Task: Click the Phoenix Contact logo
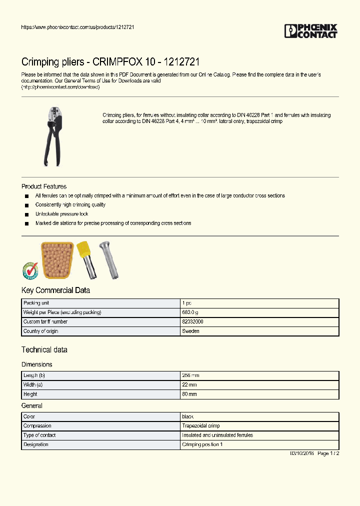(310, 31)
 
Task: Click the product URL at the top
(77, 26)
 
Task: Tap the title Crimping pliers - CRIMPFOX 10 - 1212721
(110, 62)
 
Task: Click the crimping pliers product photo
(52, 136)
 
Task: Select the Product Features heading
(44, 186)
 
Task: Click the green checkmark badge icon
(30, 270)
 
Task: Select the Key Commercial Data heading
(55, 290)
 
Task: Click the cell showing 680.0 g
(190, 312)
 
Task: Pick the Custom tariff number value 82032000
(192, 322)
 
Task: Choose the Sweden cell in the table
(190, 331)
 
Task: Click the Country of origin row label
(41, 331)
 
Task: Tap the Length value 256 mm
(190, 375)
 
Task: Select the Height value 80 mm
(189, 394)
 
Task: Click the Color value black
(188, 416)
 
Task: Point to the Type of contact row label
(42, 435)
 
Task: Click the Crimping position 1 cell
(202, 444)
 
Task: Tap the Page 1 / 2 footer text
(328, 453)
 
